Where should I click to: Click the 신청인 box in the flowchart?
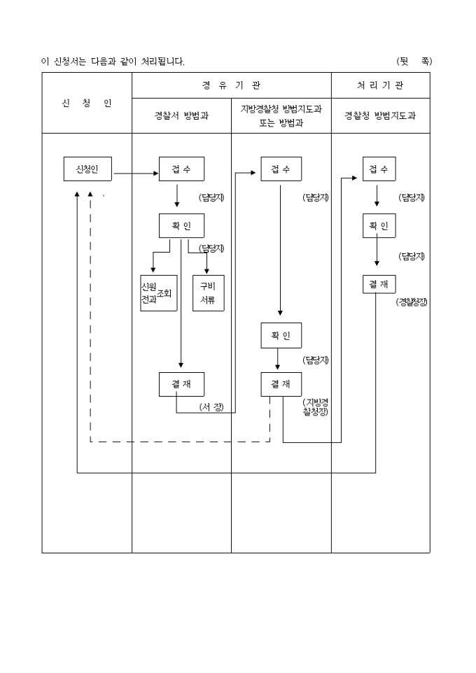tap(89, 169)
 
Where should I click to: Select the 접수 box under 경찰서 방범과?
tap(181, 169)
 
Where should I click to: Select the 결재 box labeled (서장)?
tap(181, 384)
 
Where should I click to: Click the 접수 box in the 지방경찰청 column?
tap(281, 169)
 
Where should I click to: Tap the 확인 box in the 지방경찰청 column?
tap(281, 334)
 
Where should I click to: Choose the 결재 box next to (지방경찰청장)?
tap(281, 384)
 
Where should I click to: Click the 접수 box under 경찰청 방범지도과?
tap(379, 169)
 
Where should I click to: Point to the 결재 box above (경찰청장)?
tap(379, 283)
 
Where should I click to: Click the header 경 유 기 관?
tap(231, 85)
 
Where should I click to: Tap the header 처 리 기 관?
tap(380, 85)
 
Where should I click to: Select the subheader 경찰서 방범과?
tap(181, 116)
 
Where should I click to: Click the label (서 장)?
tap(211, 407)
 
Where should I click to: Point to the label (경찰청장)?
tap(412, 302)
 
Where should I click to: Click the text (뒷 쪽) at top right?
tap(414, 62)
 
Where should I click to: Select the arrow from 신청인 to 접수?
tap(136, 173)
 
